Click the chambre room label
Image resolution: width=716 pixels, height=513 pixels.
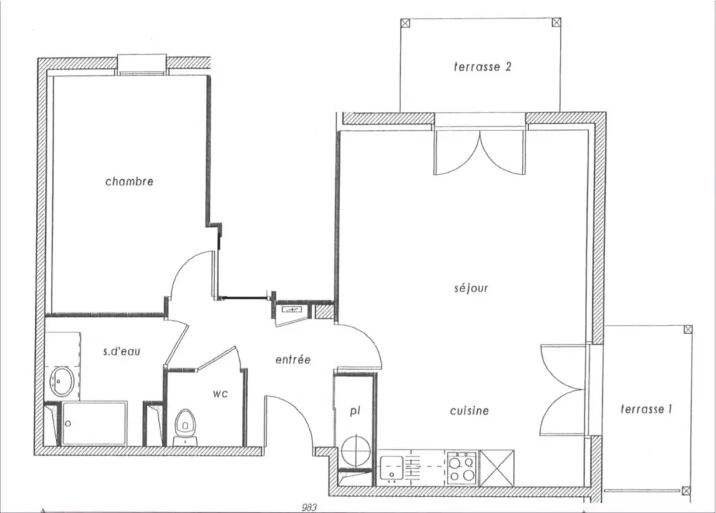[x=129, y=181]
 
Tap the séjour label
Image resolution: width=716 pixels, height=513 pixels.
[x=471, y=288]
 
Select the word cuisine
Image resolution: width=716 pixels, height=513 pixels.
[x=470, y=411]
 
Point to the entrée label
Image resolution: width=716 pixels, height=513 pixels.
[x=293, y=360]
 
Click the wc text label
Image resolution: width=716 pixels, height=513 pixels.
[x=220, y=394]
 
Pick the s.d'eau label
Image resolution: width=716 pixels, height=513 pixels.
[x=122, y=351]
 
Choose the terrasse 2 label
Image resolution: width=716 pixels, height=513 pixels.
[x=483, y=67]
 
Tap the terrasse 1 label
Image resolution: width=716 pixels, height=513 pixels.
[x=646, y=409]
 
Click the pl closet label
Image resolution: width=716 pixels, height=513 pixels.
[x=355, y=411]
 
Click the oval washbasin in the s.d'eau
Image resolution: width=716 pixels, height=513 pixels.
[x=62, y=381]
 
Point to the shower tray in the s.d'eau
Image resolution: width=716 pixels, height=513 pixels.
[x=94, y=423]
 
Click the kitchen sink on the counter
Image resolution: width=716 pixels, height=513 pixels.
[x=392, y=469]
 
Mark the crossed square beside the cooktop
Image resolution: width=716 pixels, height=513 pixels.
[x=497, y=469]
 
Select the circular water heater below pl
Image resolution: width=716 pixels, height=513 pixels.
[x=356, y=451]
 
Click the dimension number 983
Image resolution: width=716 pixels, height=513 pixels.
[x=309, y=507]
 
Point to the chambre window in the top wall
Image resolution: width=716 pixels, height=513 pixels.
[x=142, y=64]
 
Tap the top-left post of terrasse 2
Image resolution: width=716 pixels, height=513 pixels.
[x=405, y=23]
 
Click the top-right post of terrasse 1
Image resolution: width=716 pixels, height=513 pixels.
[x=687, y=330]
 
